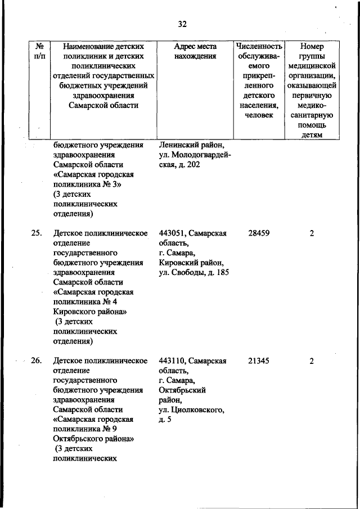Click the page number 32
[x=182, y=24]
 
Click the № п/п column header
[x=40, y=51]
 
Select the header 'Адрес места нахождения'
[x=195, y=51]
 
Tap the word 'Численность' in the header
[x=259, y=46]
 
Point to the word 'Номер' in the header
[x=312, y=46]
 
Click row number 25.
[x=37, y=233]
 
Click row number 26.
[x=37, y=361]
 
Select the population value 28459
[x=259, y=233]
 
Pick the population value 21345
[x=259, y=361]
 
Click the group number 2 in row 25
[x=312, y=233]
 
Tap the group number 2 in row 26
[x=312, y=361]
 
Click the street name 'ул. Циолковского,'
[x=192, y=411]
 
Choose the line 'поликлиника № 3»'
[x=85, y=184]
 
